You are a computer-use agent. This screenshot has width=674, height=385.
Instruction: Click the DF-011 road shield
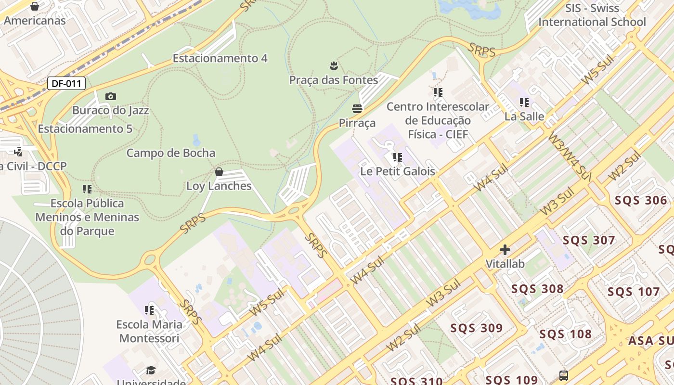pyautogui.click(x=66, y=83)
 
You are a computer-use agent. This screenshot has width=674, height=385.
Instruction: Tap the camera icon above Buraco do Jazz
pyautogui.click(x=111, y=97)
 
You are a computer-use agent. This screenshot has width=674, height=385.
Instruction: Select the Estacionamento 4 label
pyautogui.click(x=220, y=58)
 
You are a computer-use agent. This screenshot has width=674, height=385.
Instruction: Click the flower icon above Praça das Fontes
pyautogui.click(x=334, y=66)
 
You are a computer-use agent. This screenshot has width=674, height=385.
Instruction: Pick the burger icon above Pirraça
pyautogui.click(x=357, y=109)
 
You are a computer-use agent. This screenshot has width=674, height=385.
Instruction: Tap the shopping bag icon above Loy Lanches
pyautogui.click(x=219, y=172)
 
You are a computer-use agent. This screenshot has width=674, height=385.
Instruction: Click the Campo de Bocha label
pyautogui.click(x=170, y=153)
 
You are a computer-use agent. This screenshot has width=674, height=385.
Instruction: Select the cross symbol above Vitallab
pyautogui.click(x=505, y=250)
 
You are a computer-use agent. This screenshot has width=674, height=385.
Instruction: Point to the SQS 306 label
pyautogui.click(x=641, y=200)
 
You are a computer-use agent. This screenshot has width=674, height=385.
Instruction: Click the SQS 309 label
pyautogui.click(x=477, y=328)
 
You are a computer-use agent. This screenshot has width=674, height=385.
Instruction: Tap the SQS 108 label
pyautogui.click(x=565, y=334)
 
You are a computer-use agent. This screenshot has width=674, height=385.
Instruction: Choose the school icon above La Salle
pyautogui.click(x=524, y=103)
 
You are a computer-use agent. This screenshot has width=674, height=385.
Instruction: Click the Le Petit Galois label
pyautogui.click(x=398, y=171)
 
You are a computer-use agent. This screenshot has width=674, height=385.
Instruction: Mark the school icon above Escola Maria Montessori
pyautogui.click(x=149, y=310)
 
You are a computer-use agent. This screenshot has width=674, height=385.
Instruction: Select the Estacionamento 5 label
pyautogui.click(x=85, y=129)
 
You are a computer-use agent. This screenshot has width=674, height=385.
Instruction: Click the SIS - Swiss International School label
pyautogui.click(x=592, y=15)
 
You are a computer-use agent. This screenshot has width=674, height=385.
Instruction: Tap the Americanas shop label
pyautogui.click(x=35, y=21)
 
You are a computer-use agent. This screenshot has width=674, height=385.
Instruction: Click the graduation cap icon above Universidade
pyautogui.click(x=151, y=370)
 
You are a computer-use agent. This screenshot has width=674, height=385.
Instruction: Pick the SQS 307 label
pyautogui.click(x=589, y=240)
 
